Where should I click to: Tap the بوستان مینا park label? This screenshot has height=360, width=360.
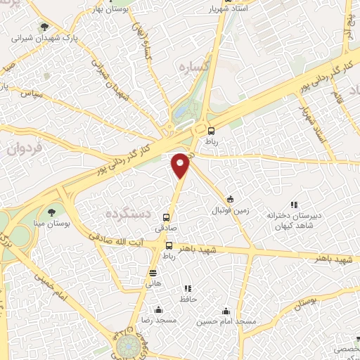(50, 222)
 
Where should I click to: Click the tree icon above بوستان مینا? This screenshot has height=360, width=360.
(51, 210)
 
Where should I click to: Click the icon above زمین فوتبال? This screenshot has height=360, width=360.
(230, 199)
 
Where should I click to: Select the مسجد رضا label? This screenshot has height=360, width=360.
(158, 321)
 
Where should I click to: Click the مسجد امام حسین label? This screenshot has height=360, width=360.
(226, 321)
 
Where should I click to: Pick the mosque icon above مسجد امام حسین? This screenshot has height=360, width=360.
(226, 310)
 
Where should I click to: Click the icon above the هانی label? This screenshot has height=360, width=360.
(153, 273)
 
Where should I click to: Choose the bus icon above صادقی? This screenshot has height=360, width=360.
(167, 217)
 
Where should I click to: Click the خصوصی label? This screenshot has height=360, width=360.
(345, 348)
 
